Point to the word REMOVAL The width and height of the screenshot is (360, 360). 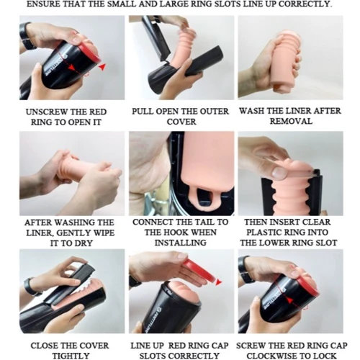point(291,121)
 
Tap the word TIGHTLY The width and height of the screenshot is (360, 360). point(71,356)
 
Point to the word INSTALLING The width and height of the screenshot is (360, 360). point(181,243)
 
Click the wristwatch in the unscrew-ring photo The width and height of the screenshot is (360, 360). point(26,36)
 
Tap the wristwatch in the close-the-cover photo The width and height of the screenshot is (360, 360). point(32,287)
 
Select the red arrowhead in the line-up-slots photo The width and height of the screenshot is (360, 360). point(218,282)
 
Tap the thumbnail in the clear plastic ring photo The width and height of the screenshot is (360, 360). point(279,172)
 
